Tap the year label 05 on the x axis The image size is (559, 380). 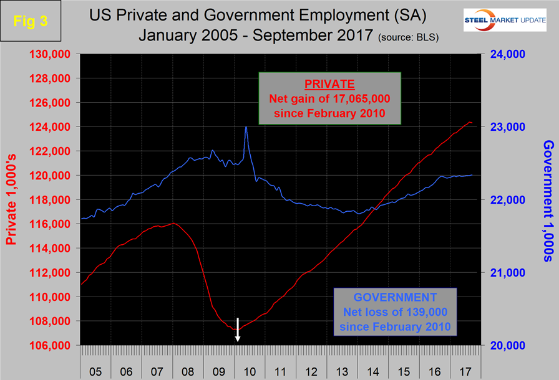click(x=96, y=371)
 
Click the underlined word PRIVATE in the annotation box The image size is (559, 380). click(x=329, y=83)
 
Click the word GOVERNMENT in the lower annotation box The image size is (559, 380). click(x=395, y=297)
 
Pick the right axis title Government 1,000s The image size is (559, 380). click(x=548, y=199)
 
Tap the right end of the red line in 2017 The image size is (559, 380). click(x=471, y=123)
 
